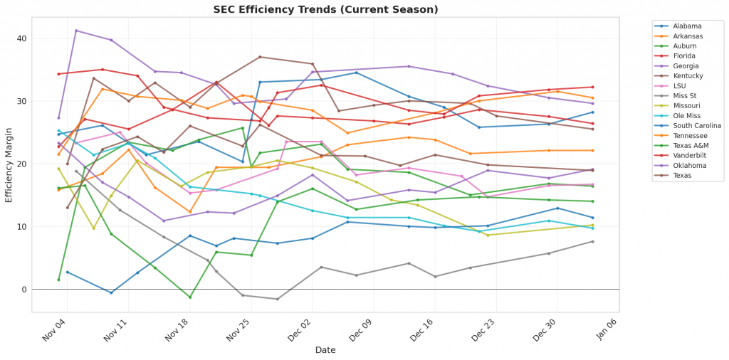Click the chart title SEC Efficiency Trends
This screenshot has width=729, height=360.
pyautogui.click(x=325, y=9)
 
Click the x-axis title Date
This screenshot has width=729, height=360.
pyautogui.click(x=325, y=350)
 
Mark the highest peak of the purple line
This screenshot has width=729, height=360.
pyautogui.click(x=76, y=31)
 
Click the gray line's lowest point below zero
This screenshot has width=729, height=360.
pyautogui.click(x=277, y=299)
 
